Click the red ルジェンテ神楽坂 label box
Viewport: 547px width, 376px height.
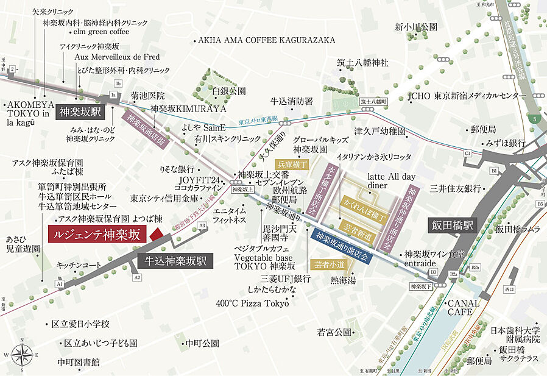click(x=97, y=235)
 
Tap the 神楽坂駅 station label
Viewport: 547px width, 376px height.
click(x=81, y=113)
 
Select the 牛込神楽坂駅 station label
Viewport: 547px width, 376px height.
click(x=176, y=261)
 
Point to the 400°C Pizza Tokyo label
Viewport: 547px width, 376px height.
click(x=252, y=303)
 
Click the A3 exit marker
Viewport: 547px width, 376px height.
click(x=203, y=225)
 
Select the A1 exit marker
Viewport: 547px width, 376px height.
click(x=59, y=284)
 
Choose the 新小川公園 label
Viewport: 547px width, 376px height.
click(x=416, y=27)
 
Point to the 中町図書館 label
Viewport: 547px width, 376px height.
click(x=79, y=362)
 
